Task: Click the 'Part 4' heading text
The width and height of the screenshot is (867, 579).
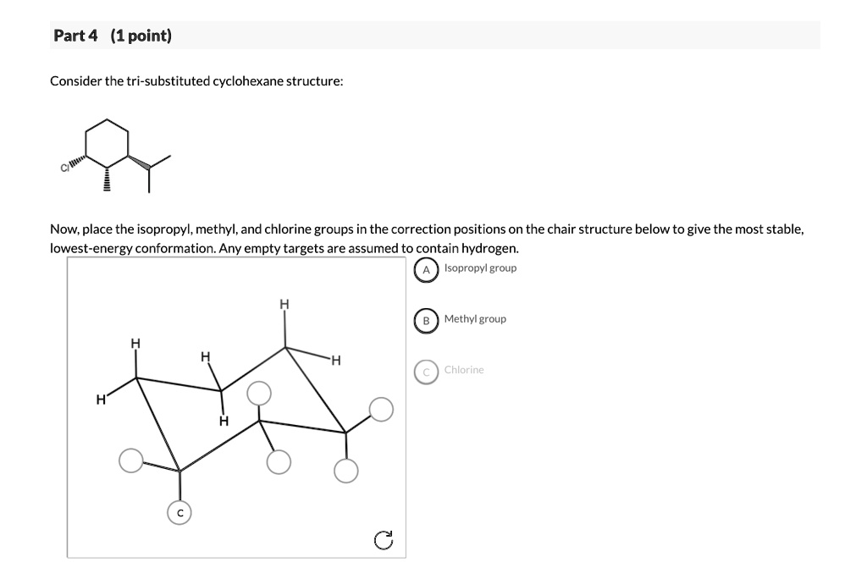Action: point(75,36)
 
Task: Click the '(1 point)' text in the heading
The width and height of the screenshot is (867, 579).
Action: point(141,36)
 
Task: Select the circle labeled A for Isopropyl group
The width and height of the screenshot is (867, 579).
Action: point(427,269)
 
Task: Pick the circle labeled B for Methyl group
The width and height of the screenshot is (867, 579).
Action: point(427,320)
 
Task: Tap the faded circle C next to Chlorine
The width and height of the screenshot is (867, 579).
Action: point(427,371)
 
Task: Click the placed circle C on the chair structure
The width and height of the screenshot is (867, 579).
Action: point(179,513)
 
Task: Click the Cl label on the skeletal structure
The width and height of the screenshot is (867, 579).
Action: point(64,167)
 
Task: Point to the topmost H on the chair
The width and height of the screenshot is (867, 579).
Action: point(284,304)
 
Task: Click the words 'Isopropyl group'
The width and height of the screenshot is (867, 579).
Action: point(480,268)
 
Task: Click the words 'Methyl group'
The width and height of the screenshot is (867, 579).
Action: point(475,319)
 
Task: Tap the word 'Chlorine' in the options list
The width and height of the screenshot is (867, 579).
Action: point(464,370)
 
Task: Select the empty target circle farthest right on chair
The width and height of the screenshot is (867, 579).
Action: point(382,409)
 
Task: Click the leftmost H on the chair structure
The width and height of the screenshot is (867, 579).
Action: point(101,399)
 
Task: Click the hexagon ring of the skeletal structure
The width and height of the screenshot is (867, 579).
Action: point(108,142)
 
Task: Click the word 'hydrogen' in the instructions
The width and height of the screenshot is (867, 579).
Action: point(489,248)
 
